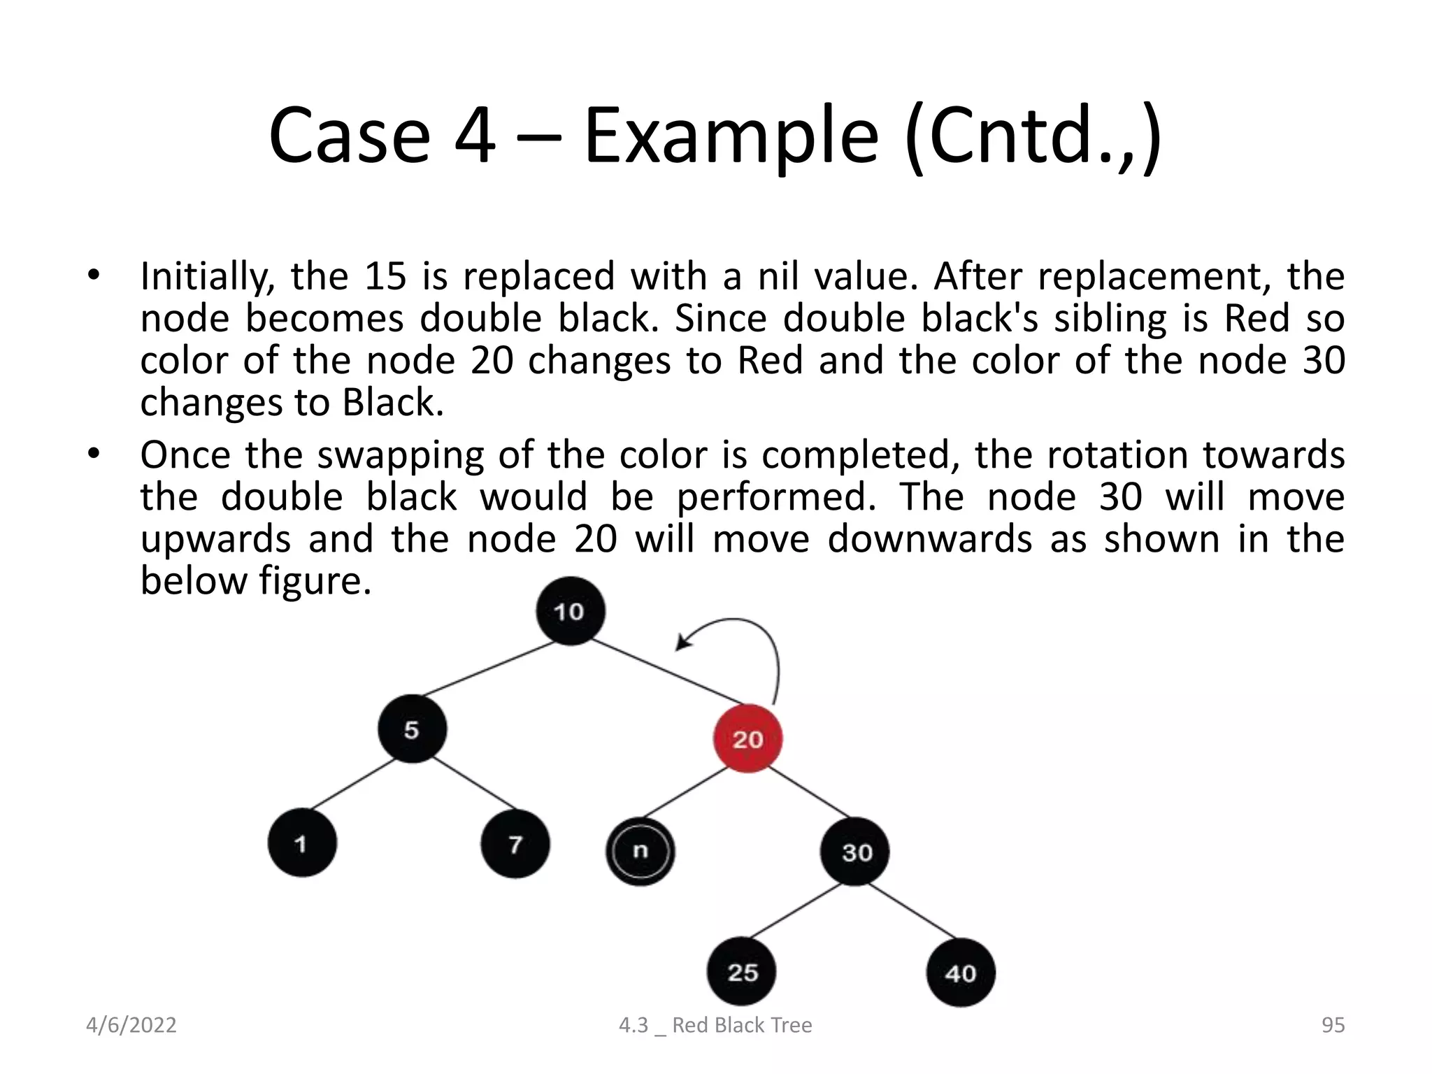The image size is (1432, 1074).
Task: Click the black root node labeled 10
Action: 570,611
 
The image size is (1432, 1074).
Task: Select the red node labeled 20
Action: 747,738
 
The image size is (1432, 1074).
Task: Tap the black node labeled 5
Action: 412,729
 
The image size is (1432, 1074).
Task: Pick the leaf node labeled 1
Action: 302,843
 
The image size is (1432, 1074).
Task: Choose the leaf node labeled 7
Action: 515,844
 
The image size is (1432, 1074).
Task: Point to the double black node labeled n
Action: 640,851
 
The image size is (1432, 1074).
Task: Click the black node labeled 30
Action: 855,852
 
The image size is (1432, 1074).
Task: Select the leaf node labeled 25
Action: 742,972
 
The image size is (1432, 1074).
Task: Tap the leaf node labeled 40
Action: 960,973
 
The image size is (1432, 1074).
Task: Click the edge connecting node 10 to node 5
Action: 489,669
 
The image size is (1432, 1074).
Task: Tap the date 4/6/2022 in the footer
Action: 131,1025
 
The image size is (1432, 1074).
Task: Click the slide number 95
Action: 1333,1025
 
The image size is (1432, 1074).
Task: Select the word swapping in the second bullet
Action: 400,455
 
